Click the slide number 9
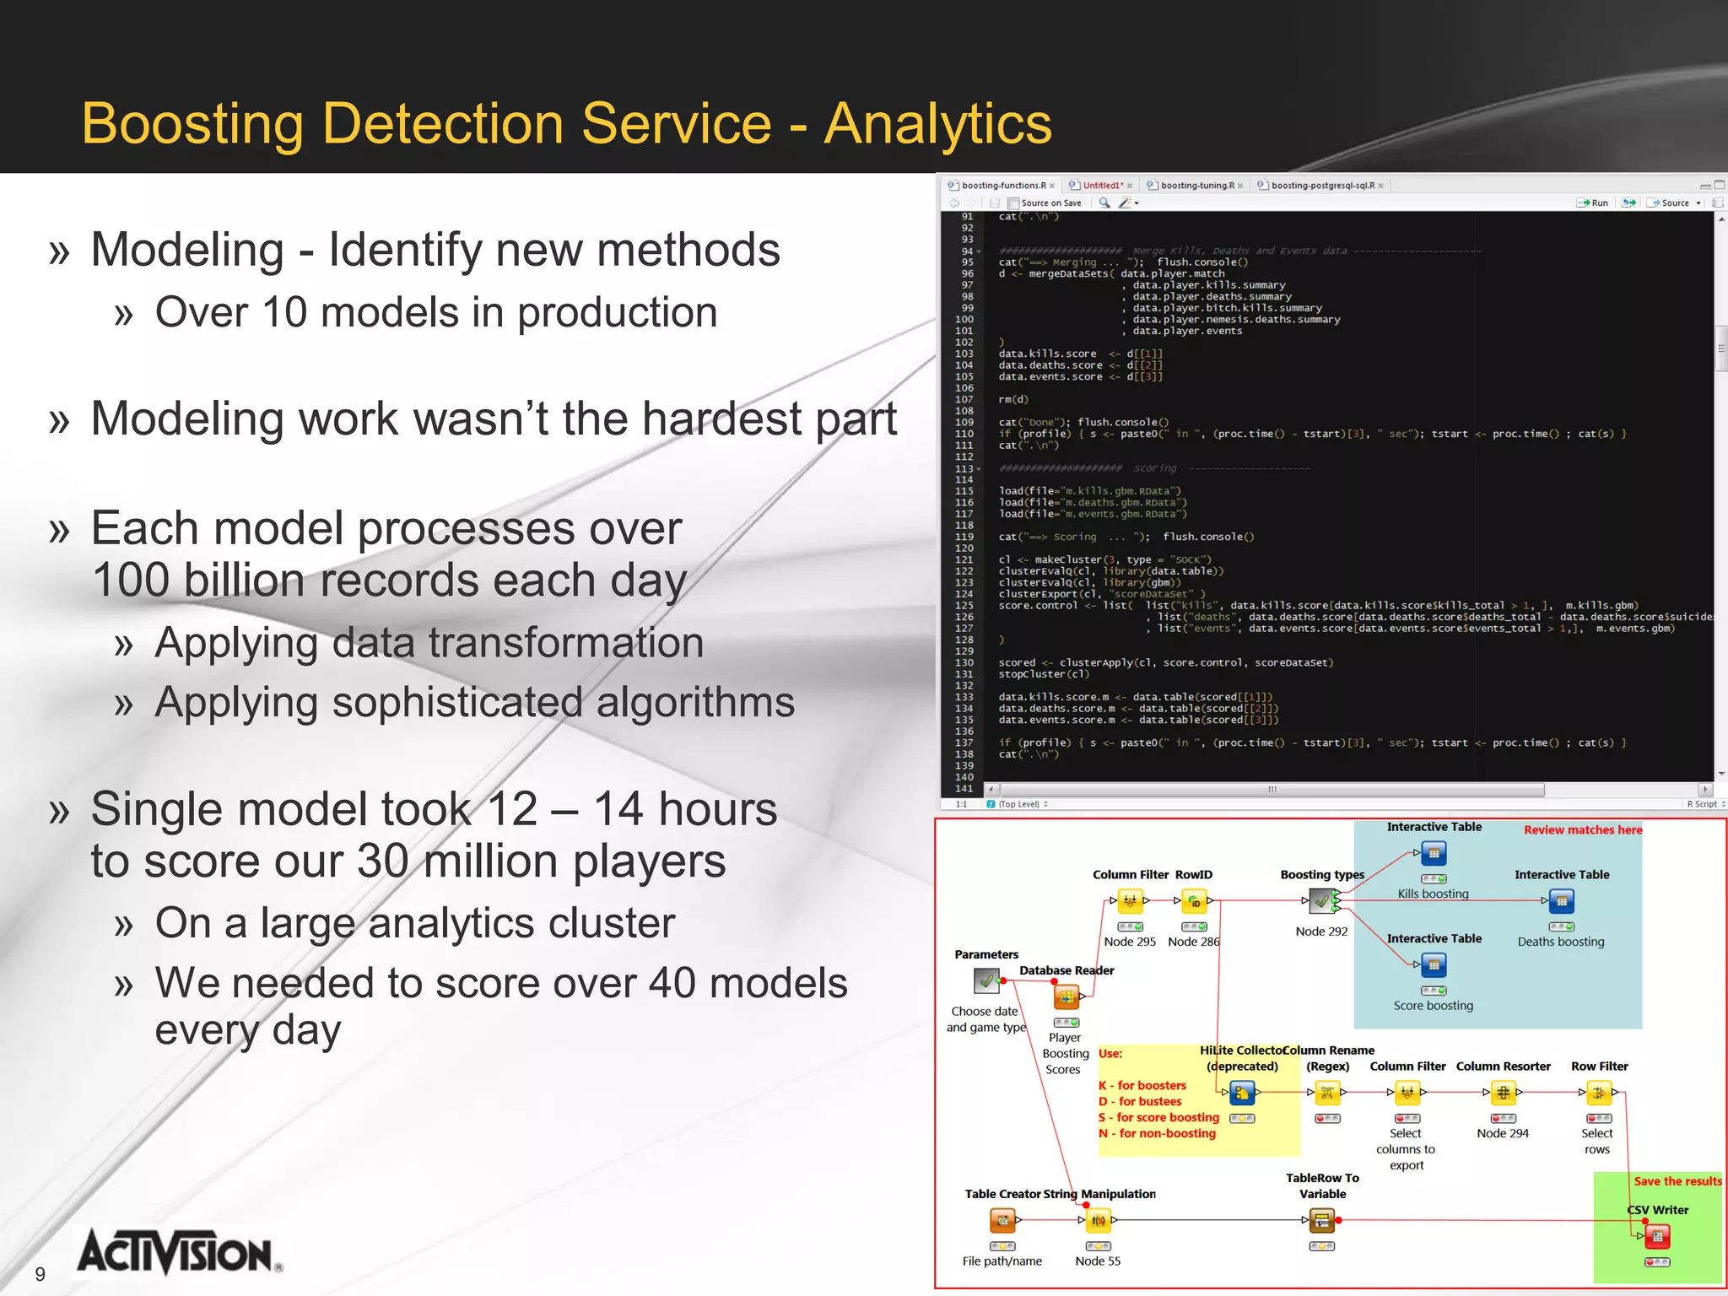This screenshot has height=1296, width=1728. (40, 1274)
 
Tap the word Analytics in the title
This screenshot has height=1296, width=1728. (937, 124)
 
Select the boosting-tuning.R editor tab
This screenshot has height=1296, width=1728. (1196, 186)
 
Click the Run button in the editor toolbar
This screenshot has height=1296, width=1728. (1593, 203)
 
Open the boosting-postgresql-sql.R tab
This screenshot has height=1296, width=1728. (1321, 186)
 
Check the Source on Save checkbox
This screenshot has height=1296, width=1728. (1013, 203)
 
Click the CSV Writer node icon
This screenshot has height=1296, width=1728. (1657, 1237)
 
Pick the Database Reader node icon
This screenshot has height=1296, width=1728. (1066, 997)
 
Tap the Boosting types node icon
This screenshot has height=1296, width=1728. (1321, 901)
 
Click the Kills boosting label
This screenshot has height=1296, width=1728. (1433, 894)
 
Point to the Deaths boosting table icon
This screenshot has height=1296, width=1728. (1561, 901)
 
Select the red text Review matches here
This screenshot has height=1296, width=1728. (1583, 830)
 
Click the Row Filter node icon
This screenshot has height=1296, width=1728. (1598, 1093)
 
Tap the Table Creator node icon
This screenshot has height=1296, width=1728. (1002, 1220)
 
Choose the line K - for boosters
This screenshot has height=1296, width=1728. (1142, 1086)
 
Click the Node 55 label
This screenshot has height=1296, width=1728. (1098, 1261)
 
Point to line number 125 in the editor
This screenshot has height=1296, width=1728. (964, 606)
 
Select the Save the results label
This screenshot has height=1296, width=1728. (1677, 1181)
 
